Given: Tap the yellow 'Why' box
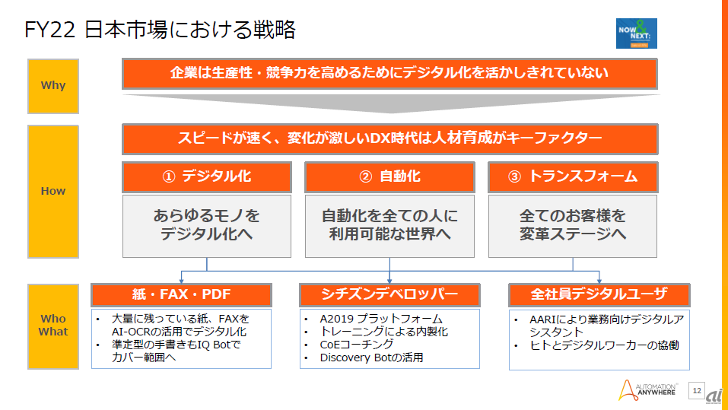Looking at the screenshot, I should click(x=53, y=85).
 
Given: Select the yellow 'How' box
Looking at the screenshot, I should click(x=53, y=191).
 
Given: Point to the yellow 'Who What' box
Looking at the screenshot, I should click(x=53, y=326).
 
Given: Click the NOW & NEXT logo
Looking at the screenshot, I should click(x=637, y=33).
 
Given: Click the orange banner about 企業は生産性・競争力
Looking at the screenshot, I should click(x=389, y=74).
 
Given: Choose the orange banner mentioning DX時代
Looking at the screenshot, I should click(x=389, y=139).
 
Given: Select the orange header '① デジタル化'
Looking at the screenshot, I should click(x=207, y=177).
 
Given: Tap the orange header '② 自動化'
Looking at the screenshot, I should click(x=389, y=177).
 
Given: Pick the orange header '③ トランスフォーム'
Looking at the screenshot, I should click(x=573, y=177).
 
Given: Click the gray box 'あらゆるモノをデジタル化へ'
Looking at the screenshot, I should click(x=207, y=225).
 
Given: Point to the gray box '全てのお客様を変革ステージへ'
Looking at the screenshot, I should click(x=573, y=225).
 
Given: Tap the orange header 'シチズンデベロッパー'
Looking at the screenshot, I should click(x=389, y=294).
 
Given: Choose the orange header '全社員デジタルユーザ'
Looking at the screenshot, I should click(x=599, y=294).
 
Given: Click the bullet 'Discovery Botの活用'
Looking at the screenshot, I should click(x=371, y=358).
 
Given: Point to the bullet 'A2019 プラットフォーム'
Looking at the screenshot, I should click(x=381, y=319).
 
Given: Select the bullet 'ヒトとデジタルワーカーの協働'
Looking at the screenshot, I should click(x=604, y=345).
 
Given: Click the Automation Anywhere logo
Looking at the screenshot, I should click(x=650, y=389).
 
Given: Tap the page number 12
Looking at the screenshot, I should click(x=696, y=390).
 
